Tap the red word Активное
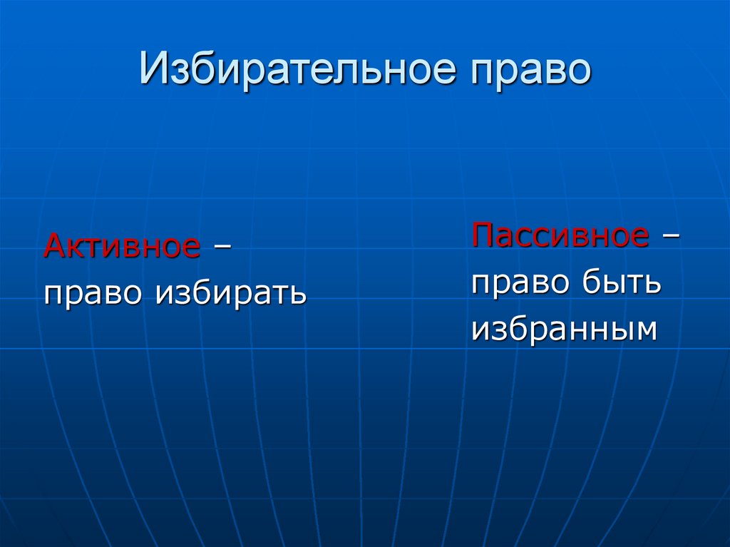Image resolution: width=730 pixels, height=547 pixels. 122,247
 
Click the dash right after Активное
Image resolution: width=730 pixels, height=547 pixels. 222,247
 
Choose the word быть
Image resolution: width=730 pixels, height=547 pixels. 620,283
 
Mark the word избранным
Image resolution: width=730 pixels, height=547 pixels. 563,329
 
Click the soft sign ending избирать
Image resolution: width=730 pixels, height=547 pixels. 298,293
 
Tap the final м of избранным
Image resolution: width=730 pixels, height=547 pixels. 643,330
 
